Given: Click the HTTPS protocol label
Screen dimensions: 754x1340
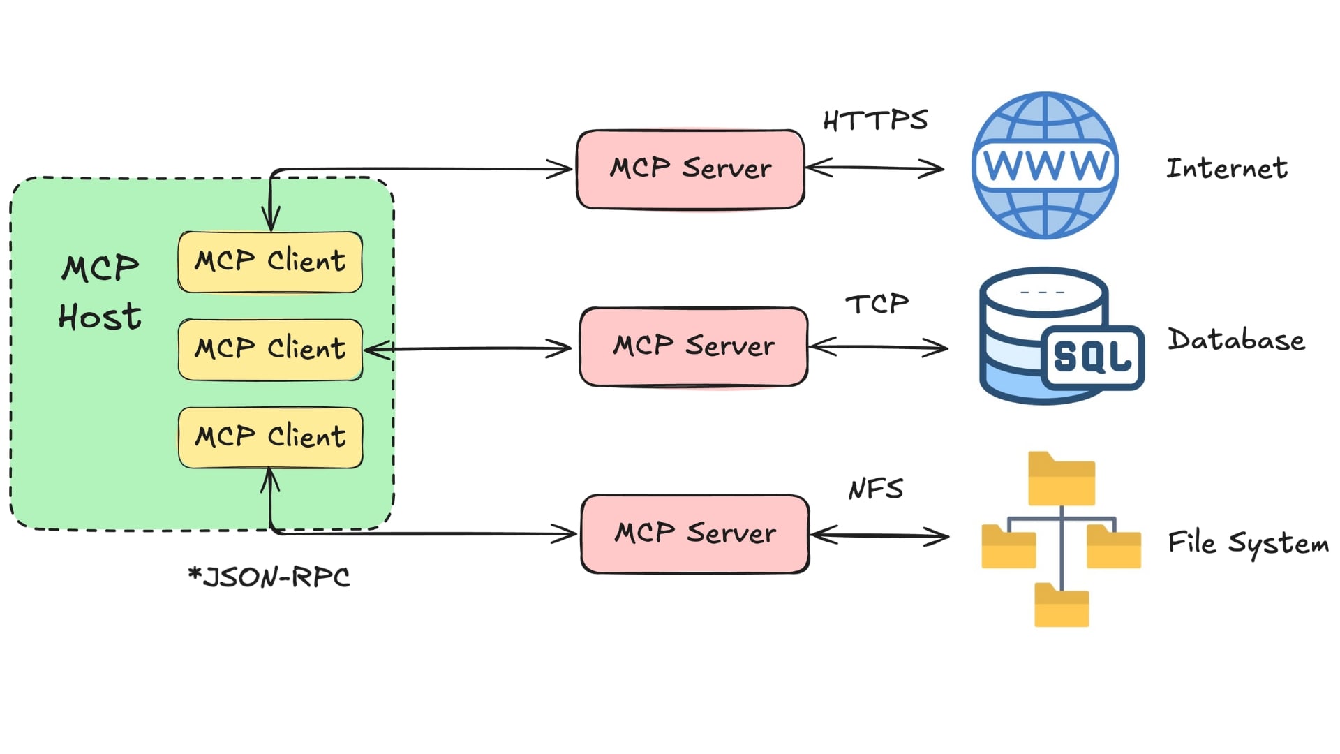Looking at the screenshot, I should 875,120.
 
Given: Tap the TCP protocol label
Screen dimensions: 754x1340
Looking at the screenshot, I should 877,304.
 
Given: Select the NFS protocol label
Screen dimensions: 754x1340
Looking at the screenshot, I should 875,489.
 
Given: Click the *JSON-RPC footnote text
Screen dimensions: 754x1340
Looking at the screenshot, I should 269,577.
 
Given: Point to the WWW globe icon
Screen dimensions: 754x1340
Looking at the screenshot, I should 1045,165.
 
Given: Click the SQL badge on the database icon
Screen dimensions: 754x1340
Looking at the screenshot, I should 1092,357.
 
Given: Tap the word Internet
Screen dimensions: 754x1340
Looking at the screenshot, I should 1227,168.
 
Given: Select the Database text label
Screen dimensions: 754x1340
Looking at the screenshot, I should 1236,340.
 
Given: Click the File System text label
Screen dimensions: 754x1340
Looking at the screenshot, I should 1248,543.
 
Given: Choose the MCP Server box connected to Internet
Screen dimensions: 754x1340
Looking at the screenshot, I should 690,169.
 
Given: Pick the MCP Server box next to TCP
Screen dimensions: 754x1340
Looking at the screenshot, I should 693,346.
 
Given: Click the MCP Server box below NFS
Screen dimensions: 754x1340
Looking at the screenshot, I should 694,533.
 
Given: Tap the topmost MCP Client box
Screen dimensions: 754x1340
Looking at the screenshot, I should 270,261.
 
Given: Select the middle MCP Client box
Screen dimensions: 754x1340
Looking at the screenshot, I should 270,349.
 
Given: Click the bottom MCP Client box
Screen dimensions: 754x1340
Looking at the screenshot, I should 270,437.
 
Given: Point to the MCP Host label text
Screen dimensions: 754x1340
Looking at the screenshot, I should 100,293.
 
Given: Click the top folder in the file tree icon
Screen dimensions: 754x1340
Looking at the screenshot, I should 1061,480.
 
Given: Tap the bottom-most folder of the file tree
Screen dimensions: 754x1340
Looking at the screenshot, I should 1061,605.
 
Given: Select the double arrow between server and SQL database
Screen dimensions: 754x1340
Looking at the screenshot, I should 878,347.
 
